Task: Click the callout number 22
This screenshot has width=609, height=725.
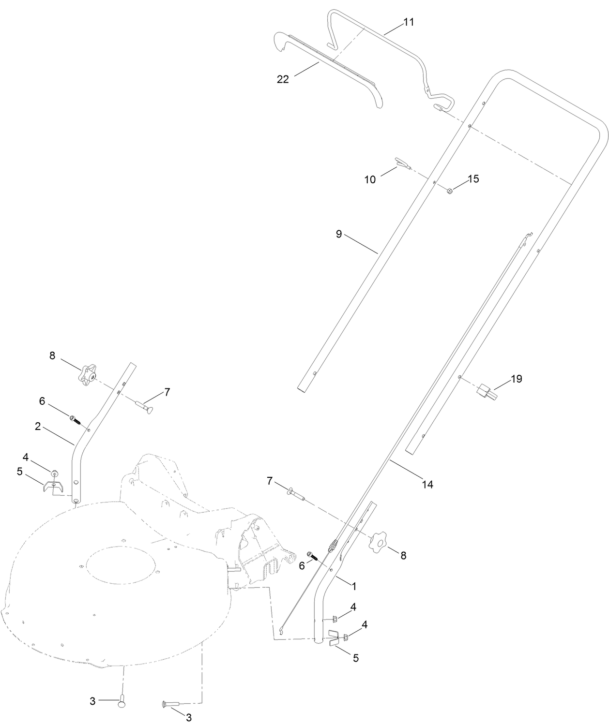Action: pos(283,79)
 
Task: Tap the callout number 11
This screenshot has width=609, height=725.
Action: pos(409,23)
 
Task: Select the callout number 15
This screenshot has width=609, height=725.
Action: pos(473,178)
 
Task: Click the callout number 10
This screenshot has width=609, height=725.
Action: pos(370,179)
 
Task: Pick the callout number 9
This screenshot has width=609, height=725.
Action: pos(339,234)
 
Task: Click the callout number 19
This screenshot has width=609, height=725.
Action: pos(517,379)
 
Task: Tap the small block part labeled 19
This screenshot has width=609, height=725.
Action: pos(486,390)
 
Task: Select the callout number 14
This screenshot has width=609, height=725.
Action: pos(428,484)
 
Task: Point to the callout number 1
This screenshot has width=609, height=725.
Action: pos(354,586)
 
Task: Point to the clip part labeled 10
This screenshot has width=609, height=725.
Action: pos(402,164)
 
